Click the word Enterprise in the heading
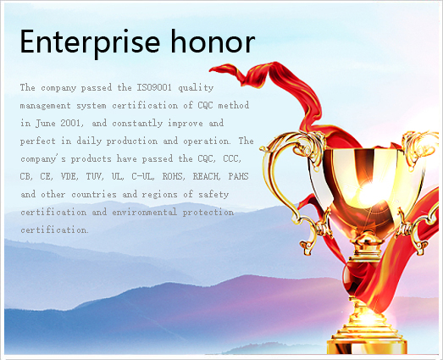pyautogui.click(x=90, y=42)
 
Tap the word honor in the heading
pyautogui.click(x=213, y=42)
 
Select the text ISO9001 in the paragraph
pyautogui.click(x=154, y=87)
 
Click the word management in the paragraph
pyautogui.click(x=45, y=106)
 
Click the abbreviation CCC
pyautogui.click(x=231, y=158)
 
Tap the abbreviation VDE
pyautogui.click(x=69, y=176)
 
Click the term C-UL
pyautogui.click(x=142, y=176)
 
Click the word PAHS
pyautogui.click(x=239, y=176)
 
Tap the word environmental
pyautogui.click(x=144, y=213)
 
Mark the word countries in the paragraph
pyautogui.click(x=94, y=195)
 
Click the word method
pyautogui.click(x=234, y=105)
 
